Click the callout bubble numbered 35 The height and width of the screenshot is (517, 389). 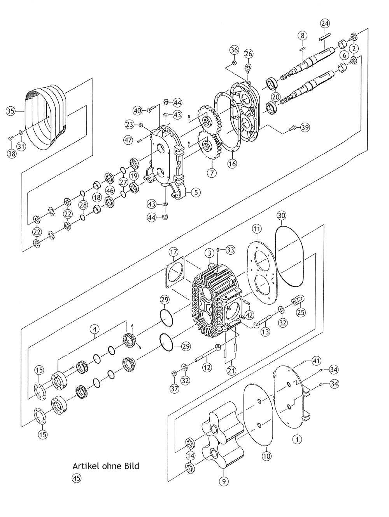(11, 111)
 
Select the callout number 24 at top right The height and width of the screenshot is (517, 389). (325, 23)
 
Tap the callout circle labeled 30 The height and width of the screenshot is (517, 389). (282, 216)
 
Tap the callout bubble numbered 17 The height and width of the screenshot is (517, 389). (174, 252)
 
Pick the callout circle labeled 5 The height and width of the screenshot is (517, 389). (196, 192)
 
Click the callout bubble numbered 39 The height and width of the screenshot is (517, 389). (305, 127)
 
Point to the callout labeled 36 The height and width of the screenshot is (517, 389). (235, 50)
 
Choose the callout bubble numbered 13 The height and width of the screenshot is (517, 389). (266, 331)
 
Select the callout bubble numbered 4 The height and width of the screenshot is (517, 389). (95, 330)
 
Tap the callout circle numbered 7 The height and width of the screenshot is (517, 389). (212, 173)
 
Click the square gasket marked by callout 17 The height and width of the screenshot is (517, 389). (176, 273)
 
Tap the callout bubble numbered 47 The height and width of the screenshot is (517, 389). (130, 140)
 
